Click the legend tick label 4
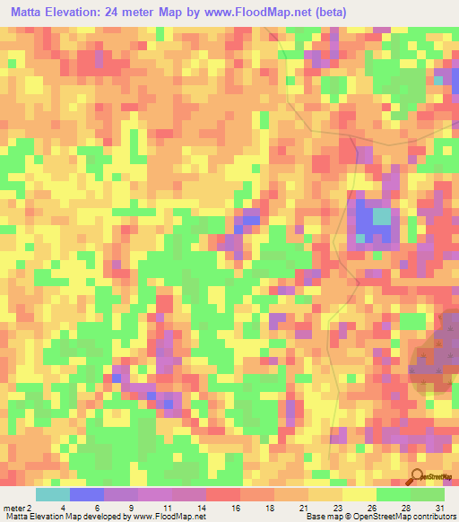(x=63, y=507)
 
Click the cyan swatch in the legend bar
(x=53, y=494)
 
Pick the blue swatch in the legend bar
(x=87, y=494)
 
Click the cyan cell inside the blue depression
(x=382, y=216)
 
